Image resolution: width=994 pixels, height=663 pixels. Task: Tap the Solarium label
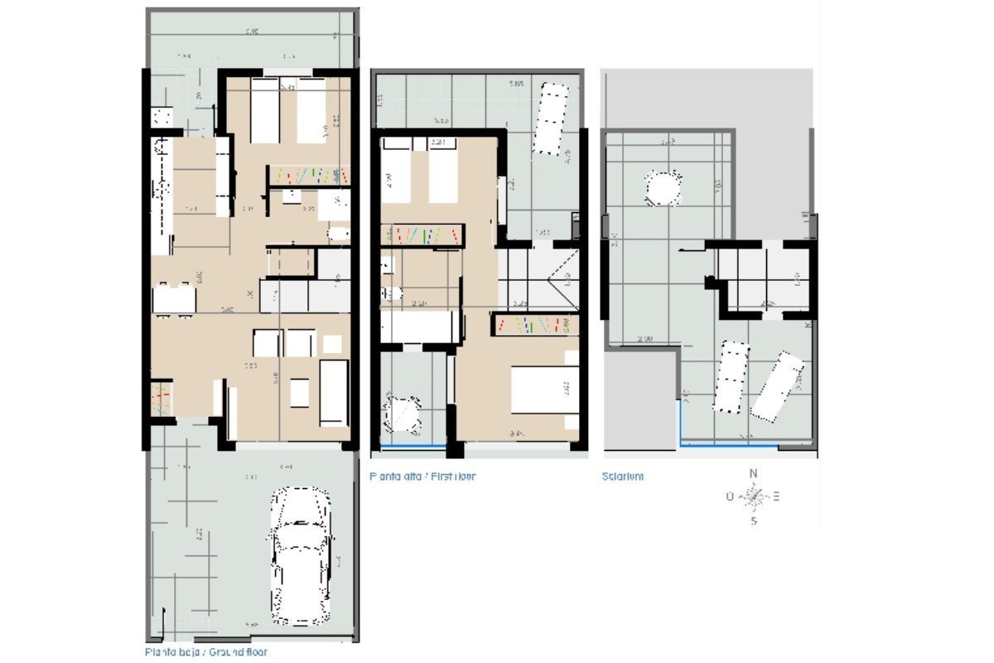pos(622,477)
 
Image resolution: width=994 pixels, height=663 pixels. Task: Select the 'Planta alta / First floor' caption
pos(423,477)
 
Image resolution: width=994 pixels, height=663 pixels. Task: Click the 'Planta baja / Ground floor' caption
pos(205,652)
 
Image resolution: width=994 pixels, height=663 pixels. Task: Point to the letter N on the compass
pos(753,473)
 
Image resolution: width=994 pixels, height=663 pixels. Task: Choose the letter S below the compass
pos(753,521)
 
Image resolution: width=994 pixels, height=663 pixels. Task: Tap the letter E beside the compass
pos(776,497)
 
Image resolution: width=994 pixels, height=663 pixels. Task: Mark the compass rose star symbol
pos(753,497)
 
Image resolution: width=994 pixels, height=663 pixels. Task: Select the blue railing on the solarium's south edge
pos(729,446)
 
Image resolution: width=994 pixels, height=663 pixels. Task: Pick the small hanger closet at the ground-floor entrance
pos(161,398)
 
